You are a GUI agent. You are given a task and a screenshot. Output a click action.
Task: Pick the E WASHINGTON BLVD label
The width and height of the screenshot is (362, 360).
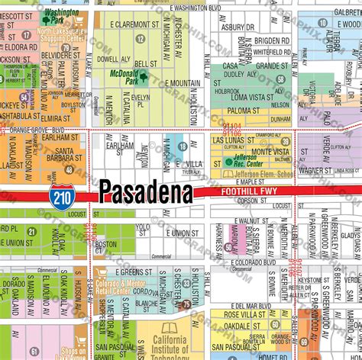pyautogui.click(x=201, y=7)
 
